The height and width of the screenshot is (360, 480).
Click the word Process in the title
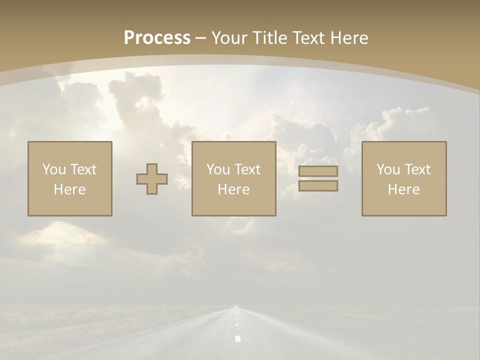(157, 37)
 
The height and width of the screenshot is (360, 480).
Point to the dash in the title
(201, 38)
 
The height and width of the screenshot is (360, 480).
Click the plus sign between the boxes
(152, 179)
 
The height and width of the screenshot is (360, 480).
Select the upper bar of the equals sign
(318, 171)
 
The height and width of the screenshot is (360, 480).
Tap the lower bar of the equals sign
(318, 185)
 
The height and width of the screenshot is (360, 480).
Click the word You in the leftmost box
(53, 169)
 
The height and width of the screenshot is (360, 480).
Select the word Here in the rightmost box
(404, 189)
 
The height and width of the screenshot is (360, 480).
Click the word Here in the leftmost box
(70, 189)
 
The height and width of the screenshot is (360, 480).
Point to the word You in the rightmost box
(387, 169)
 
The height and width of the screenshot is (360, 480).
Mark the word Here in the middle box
(234, 189)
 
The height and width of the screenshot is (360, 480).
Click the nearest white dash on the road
(237, 338)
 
